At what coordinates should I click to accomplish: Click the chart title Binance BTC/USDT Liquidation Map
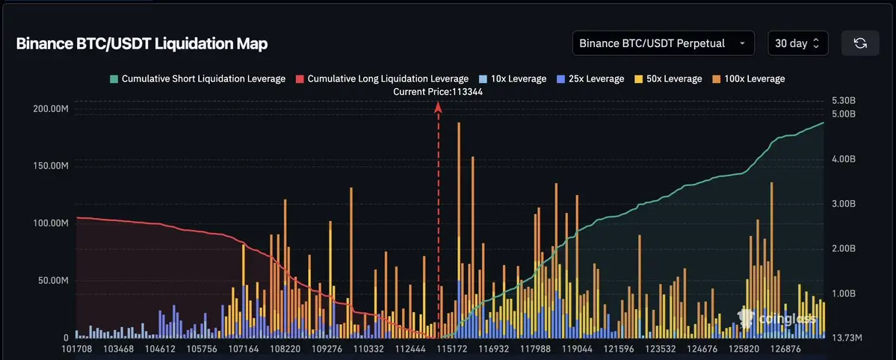(142, 43)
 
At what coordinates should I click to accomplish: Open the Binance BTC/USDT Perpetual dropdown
(663, 43)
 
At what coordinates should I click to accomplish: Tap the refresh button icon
(860, 43)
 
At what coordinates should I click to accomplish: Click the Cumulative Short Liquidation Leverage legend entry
(197, 78)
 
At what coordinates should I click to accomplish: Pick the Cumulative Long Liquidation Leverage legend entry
(382, 78)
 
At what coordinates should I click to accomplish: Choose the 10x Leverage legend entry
(513, 78)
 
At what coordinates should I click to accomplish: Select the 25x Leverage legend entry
(590, 78)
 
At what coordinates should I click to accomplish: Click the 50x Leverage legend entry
(667, 78)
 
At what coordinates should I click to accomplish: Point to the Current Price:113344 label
(438, 91)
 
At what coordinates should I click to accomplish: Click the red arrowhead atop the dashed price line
(439, 107)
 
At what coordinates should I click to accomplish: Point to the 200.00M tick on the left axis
(51, 109)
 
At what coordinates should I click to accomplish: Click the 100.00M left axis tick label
(51, 223)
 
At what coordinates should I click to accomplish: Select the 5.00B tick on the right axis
(842, 114)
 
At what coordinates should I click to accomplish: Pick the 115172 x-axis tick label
(453, 349)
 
